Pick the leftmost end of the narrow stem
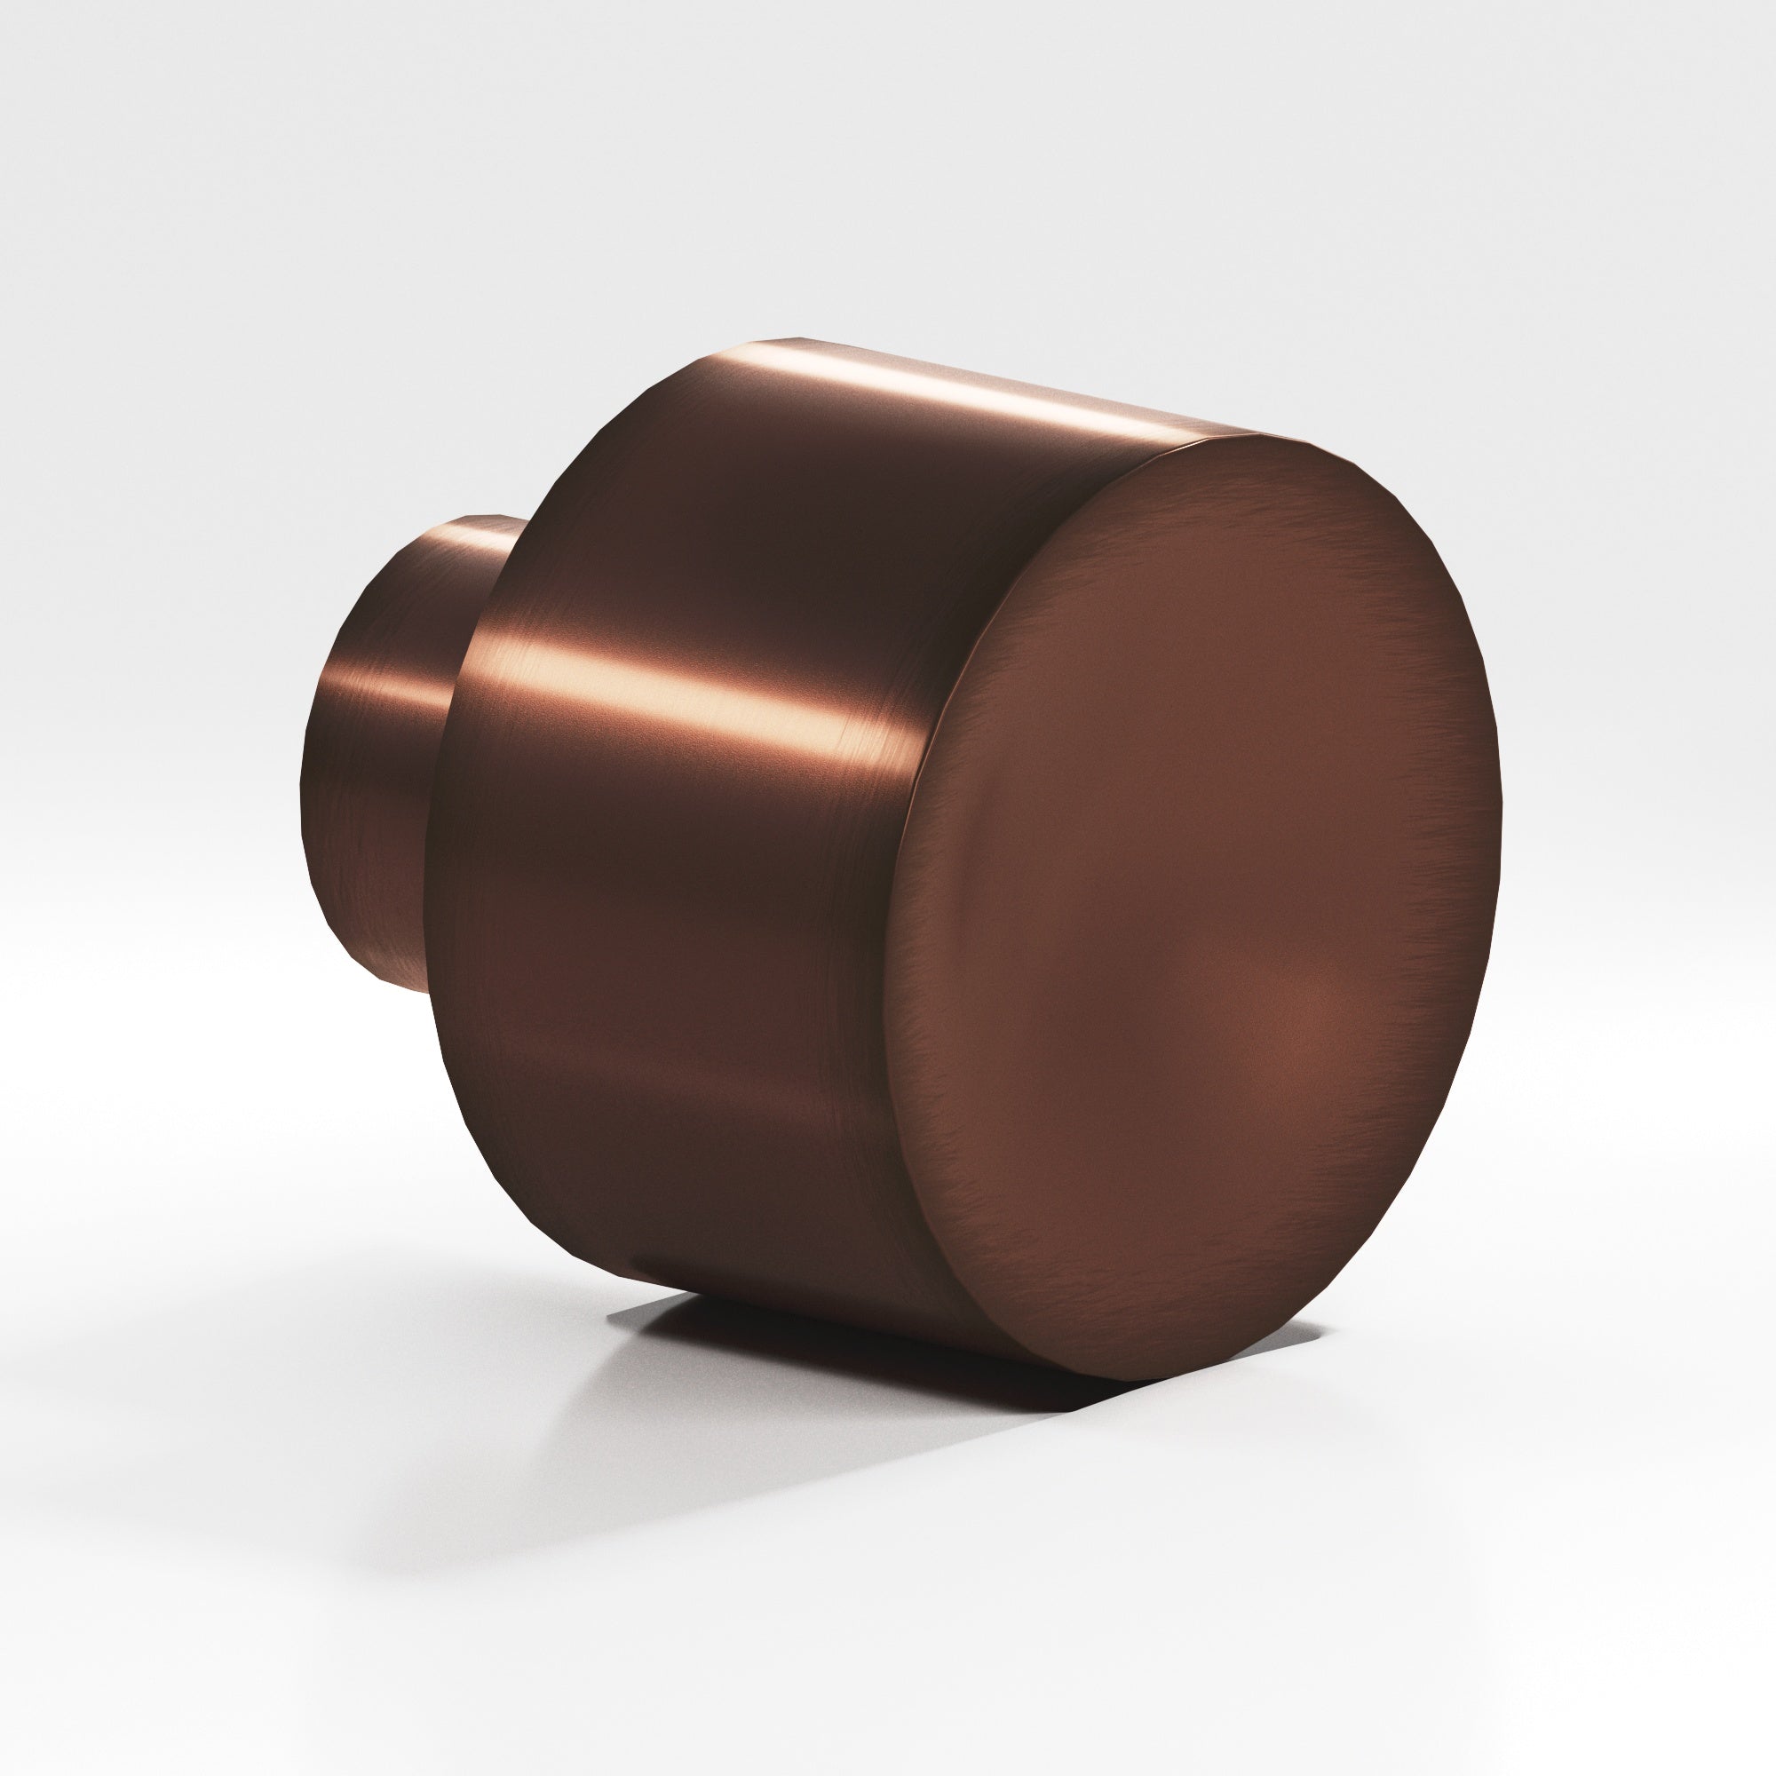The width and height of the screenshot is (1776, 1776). coord(304,790)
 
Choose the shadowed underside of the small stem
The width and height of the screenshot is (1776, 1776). coord(386,919)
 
